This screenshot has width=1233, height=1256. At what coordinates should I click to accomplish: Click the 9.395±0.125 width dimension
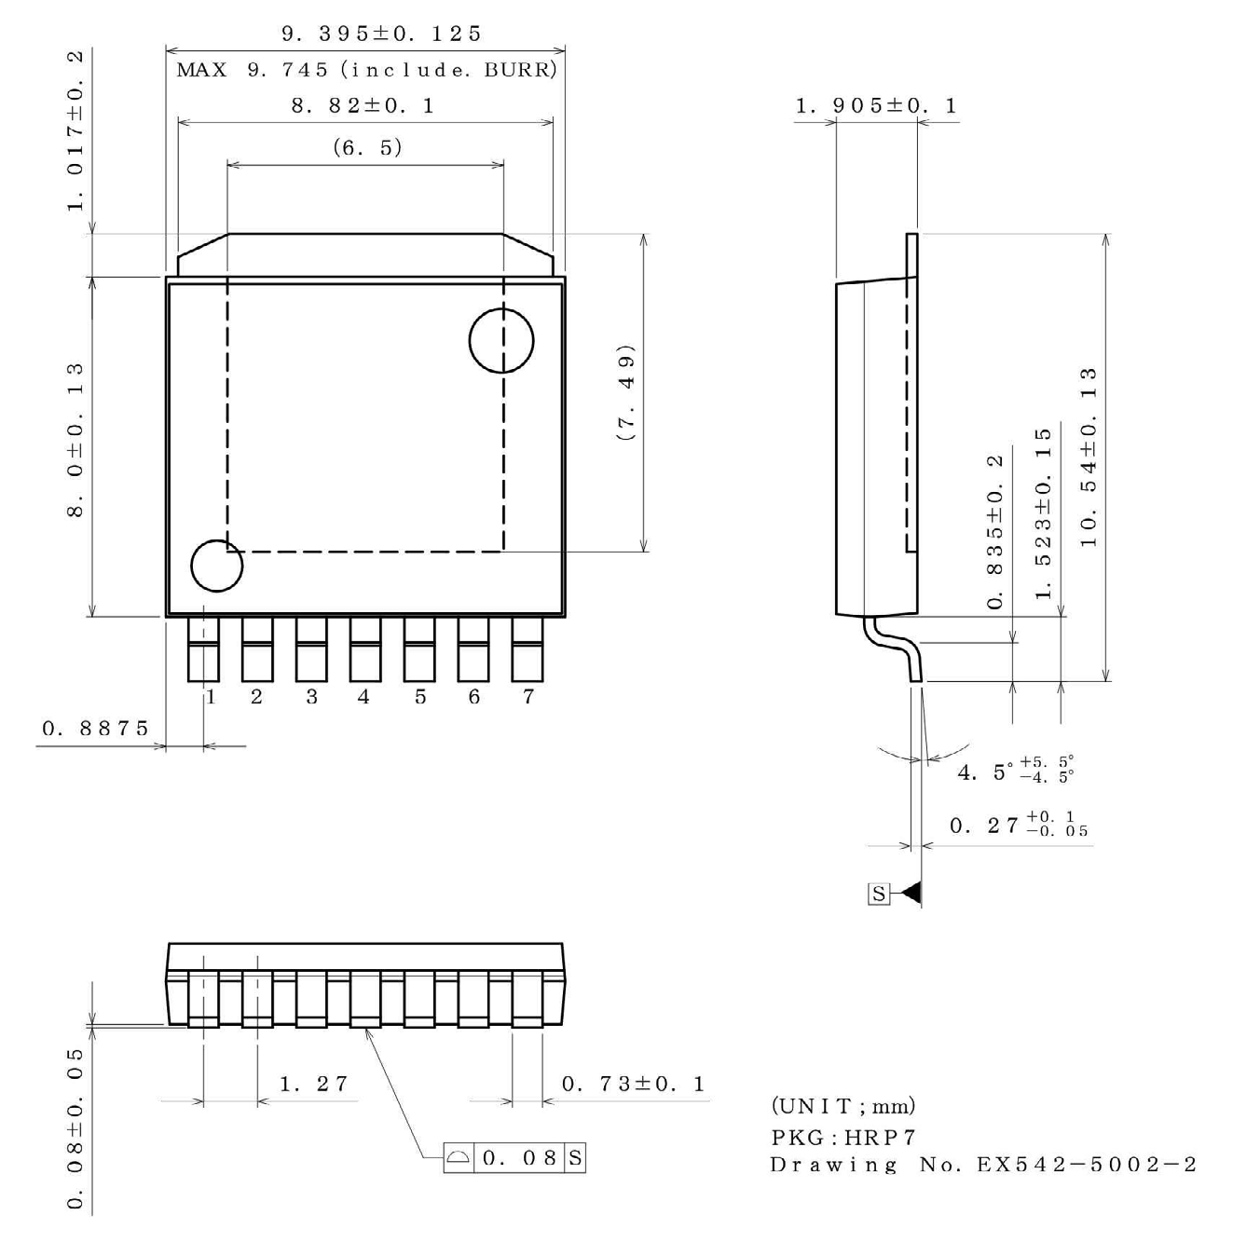[381, 34]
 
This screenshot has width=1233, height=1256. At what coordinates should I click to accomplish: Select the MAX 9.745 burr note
[366, 70]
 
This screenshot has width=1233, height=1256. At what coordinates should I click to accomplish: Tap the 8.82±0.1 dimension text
[363, 105]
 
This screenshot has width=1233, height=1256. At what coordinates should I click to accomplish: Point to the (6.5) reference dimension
[367, 147]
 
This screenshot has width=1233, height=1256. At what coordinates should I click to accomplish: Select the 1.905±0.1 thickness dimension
[875, 105]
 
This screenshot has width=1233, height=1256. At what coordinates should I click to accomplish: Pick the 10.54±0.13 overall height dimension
[1088, 457]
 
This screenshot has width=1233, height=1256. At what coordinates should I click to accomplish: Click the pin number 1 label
[212, 697]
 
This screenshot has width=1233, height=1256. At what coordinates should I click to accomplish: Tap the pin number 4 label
[363, 697]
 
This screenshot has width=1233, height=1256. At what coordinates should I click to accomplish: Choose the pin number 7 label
[528, 697]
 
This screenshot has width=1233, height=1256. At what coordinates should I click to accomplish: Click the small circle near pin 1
[216, 566]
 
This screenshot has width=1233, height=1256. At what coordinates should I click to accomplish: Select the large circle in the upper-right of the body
[501, 340]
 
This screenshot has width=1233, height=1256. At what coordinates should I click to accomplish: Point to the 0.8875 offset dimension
[95, 728]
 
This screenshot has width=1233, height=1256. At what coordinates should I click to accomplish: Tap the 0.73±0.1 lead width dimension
[633, 1084]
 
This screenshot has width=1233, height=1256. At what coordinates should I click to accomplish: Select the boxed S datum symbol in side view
[878, 894]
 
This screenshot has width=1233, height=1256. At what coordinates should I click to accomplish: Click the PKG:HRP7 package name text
[843, 1137]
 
